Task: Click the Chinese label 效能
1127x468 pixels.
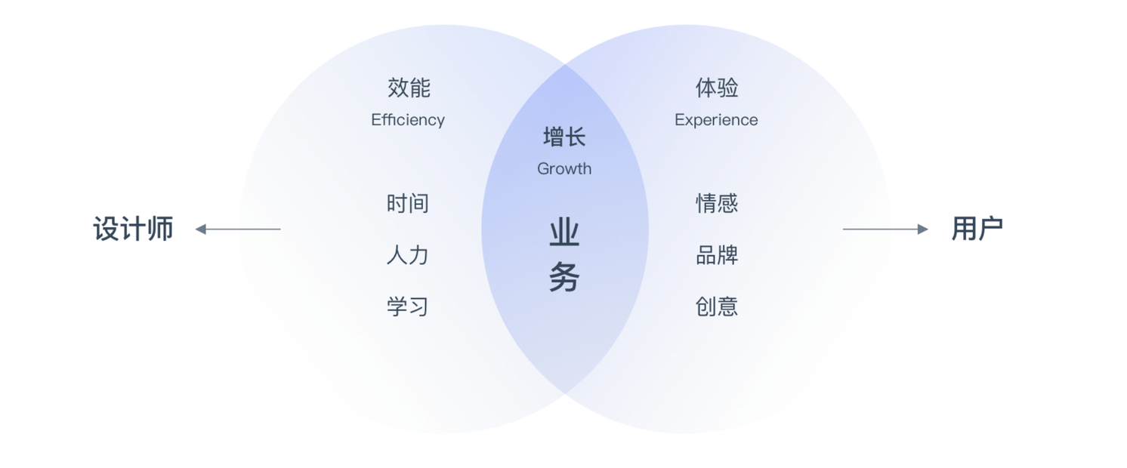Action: point(409,88)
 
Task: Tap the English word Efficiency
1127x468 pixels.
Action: point(408,120)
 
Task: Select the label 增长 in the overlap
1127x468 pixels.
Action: point(564,137)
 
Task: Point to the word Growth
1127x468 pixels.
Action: point(564,169)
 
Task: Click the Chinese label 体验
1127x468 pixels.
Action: point(717,88)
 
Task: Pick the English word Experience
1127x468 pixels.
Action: point(716,120)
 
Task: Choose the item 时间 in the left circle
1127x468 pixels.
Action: point(408,203)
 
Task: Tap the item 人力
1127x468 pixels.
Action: point(408,255)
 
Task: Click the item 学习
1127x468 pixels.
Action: point(408,306)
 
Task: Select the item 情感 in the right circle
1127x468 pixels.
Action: point(717,203)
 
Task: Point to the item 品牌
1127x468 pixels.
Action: point(717,255)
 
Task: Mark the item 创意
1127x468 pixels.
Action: point(717,306)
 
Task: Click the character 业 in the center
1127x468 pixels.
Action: point(564,233)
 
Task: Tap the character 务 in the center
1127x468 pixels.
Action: point(564,278)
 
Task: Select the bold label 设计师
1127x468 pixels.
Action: point(134,229)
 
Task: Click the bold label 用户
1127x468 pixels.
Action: point(977,229)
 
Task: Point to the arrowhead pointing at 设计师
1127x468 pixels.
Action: point(200,229)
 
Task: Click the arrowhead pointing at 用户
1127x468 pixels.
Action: point(922,229)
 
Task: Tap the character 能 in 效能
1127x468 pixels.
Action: point(420,88)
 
